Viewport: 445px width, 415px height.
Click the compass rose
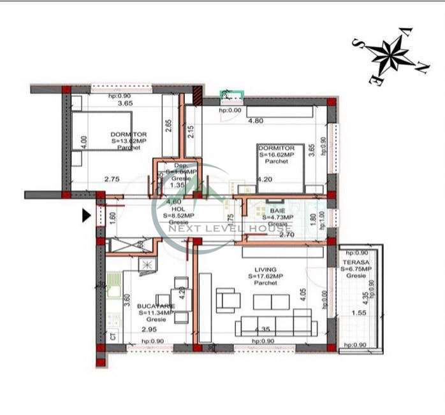point(390,54)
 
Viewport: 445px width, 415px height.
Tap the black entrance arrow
point(87,216)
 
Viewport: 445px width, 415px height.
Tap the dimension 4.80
point(255,120)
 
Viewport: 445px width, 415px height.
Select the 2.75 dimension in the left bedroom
point(112,179)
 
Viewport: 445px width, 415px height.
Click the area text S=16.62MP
point(276,154)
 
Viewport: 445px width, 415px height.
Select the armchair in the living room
point(226,299)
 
